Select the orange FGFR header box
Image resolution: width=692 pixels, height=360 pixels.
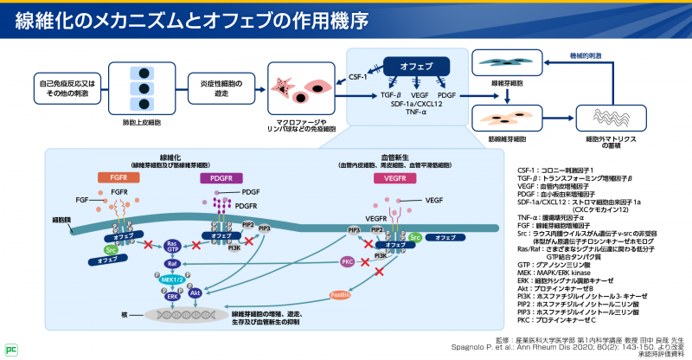[x=119, y=177]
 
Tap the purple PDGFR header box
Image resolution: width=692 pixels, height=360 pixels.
[x=215, y=177]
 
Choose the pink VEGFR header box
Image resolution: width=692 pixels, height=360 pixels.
[x=390, y=177]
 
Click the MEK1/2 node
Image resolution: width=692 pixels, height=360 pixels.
[x=171, y=280]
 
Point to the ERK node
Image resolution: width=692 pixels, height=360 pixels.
[x=174, y=295]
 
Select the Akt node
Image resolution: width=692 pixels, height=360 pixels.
[x=195, y=293]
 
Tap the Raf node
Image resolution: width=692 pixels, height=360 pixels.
[x=172, y=264]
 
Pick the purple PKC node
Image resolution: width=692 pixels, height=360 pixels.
[x=347, y=260]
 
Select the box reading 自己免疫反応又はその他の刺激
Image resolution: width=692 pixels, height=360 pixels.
[x=66, y=87]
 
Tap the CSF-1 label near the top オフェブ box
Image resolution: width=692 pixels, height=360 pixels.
[x=358, y=76]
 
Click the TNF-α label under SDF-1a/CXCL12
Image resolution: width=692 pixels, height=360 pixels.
[x=417, y=112]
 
